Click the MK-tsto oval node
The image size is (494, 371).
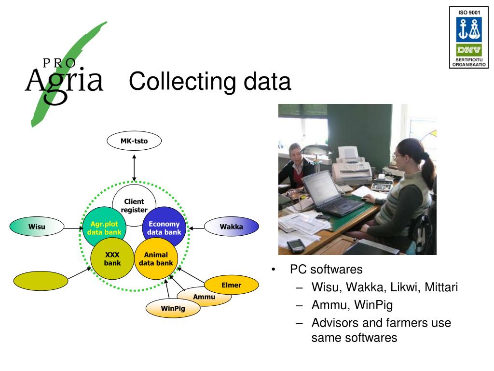(x=134, y=141)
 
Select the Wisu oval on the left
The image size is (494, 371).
(x=37, y=226)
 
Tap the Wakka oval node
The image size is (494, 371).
(x=232, y=227)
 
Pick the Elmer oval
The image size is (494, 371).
(x=231, y=285)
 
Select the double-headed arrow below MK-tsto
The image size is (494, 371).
(x=134, y=168)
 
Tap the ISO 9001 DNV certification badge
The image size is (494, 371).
(x=467, y=38)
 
